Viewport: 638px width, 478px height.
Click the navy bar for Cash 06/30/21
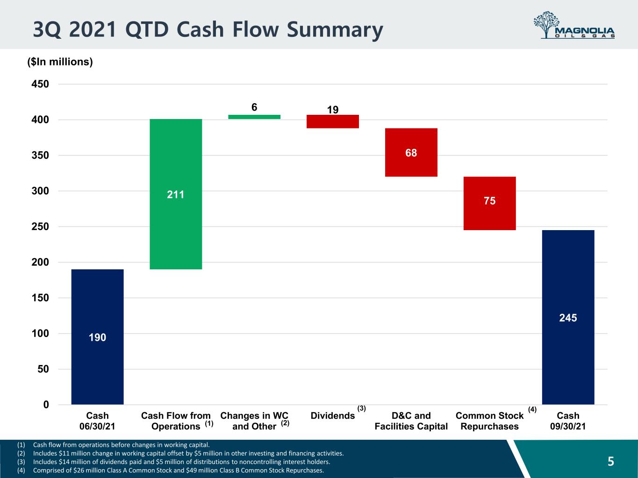point(97,337)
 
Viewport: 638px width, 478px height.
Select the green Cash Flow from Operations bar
point(176,194)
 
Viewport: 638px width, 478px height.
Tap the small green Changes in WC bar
point(254,117)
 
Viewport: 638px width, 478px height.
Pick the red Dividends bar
point(333,122)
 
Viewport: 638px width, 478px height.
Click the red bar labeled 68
point(411,152)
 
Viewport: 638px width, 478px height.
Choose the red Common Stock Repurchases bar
point(490,204)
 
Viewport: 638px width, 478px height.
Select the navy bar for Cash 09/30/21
point(568,317)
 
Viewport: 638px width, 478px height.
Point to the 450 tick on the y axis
point(40,84)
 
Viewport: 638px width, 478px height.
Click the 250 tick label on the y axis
point(40,227)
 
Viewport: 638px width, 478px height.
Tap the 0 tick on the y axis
point(46,405)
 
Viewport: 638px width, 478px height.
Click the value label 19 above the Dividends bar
point(333,110)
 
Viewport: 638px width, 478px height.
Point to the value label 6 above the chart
point(254,107)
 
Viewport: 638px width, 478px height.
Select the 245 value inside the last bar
point(568,318)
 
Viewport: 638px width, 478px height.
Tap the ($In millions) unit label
point(60,62)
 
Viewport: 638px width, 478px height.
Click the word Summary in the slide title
point(335,30)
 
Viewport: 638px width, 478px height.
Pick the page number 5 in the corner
point(611,461)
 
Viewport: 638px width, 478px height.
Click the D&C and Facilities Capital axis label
point(411,421)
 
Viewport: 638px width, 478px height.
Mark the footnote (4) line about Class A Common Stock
point(170,470)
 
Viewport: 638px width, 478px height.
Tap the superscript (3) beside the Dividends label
point(361,408)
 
